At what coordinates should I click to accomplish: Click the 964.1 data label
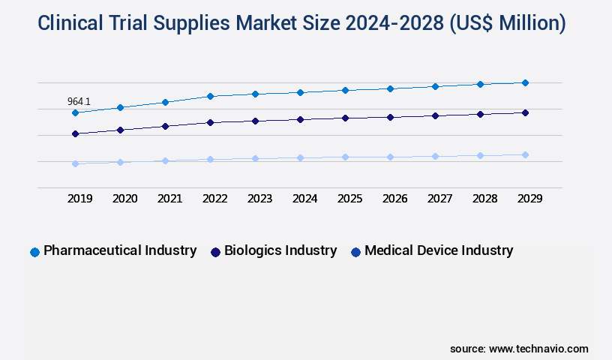79,101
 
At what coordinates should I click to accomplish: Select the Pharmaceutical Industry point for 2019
75,112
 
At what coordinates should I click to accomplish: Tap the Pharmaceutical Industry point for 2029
525,82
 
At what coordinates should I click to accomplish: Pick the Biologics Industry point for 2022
210,122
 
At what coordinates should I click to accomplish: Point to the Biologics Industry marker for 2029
525,112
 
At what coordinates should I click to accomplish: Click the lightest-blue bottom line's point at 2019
75,163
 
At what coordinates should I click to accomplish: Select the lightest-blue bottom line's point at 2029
525,154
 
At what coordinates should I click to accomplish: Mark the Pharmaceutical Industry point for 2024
300,92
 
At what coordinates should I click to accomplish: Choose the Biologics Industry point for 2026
390,117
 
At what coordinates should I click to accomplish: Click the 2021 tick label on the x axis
169,199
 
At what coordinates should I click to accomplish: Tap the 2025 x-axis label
349,199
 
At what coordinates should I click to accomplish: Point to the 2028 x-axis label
484,199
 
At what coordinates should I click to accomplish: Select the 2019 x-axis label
79,199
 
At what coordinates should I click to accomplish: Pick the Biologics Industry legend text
280,250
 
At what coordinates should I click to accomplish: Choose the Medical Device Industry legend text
439,250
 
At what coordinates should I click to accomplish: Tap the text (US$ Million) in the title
505,24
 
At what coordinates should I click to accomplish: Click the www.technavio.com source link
538,349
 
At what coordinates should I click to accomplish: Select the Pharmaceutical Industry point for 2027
435,86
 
